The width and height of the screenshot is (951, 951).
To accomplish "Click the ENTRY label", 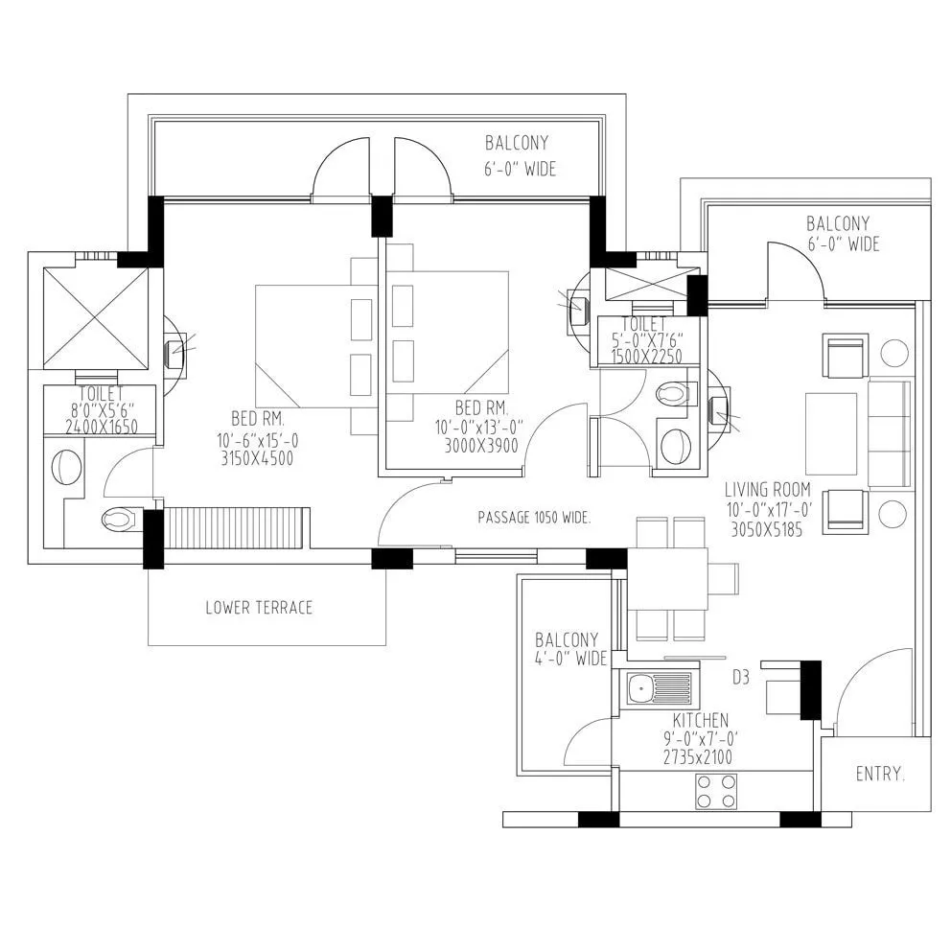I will click(879, 774).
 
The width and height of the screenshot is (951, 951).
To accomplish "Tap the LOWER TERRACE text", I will click(259, 608).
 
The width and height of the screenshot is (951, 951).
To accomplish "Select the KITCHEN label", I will click(700, 720).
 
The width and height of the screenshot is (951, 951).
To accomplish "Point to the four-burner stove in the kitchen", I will click(716, 791).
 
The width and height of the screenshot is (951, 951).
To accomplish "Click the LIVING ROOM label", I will click(767, 490).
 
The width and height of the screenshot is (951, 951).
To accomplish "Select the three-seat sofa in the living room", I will click(890, 433).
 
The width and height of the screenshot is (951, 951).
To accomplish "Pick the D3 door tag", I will click(740, 678).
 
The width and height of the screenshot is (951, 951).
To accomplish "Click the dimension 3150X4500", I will click(255, 458).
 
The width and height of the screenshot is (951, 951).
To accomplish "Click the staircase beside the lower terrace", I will click(235, 529).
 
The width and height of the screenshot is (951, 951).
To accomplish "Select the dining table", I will click(668, 579).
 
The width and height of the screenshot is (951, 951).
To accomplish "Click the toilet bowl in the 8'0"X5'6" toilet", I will click(120, 520).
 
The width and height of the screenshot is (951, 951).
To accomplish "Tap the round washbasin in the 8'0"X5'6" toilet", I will click(66, 468).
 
